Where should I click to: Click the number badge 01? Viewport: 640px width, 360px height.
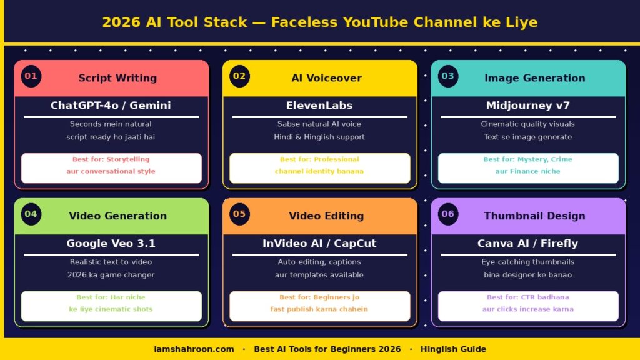click(x=31, y=76)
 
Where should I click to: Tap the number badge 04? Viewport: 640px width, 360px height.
click(x=31, y=214)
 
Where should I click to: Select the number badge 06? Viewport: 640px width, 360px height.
click(x=448, y=214)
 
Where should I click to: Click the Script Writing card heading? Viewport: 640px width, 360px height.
click(x=117, y=78)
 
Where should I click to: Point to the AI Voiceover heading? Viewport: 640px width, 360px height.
click(x=326, y=78)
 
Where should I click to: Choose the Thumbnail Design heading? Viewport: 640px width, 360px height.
click(x=534, y=216)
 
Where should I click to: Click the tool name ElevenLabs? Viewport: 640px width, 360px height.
click(x=319, y=106)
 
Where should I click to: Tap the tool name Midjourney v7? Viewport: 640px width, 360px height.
click(x=528, y=106)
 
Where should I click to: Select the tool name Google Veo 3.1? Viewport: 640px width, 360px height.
click(x=111, y=244)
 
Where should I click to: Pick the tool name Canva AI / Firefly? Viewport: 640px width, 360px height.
click(x=528, y=244)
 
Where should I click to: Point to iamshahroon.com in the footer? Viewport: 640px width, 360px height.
click(x=194, y=349)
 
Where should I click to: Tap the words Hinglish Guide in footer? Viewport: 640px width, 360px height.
click(x=453, y=349)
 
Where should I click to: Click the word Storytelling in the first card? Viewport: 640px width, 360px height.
click(x=127, y=159)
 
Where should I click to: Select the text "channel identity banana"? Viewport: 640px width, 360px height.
click(x=319, y=171)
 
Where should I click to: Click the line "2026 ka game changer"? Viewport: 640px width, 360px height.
click(x=111, y=275)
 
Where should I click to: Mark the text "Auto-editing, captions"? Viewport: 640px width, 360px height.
click(x=319, y=262)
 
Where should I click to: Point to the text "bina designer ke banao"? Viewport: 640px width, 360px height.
click(x=528, y=275)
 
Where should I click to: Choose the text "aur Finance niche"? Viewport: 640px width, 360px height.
click(x=528, y=171)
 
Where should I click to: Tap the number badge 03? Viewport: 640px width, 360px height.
click(x=448, y=76)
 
